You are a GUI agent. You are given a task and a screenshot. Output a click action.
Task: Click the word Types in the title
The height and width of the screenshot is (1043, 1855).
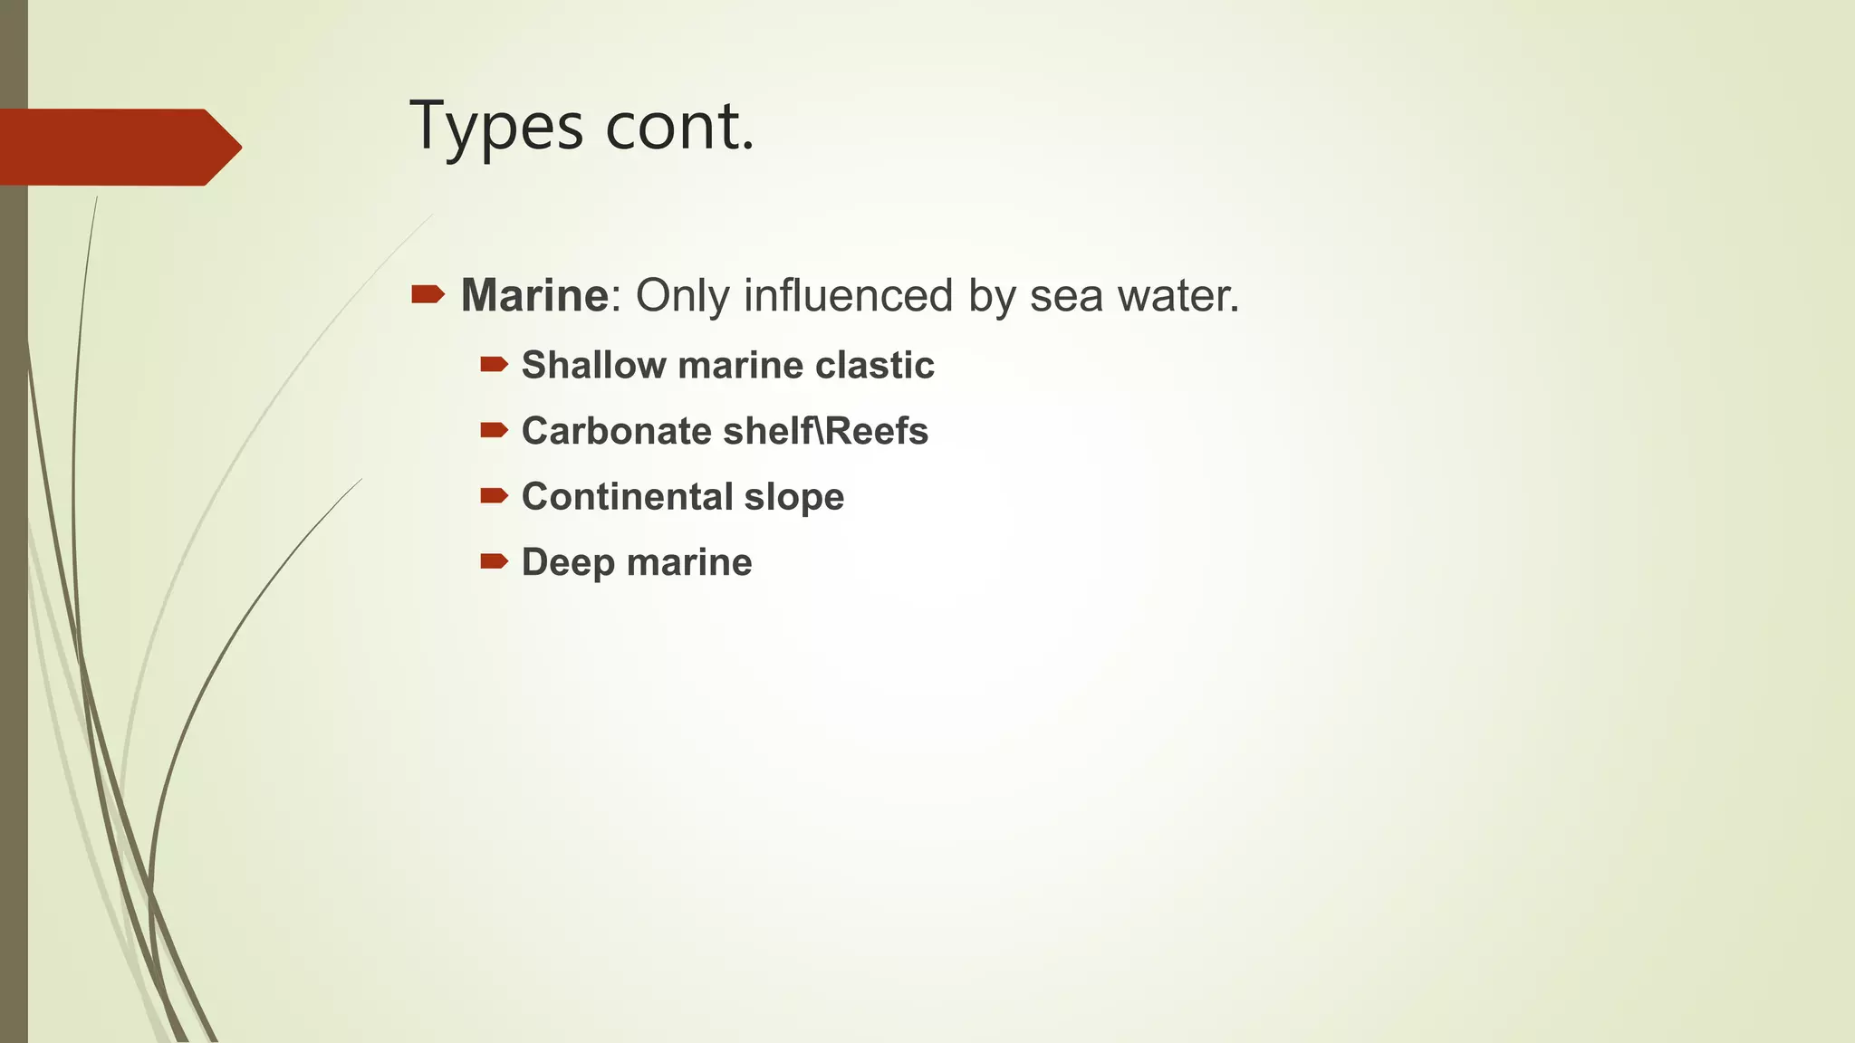click(496, 127)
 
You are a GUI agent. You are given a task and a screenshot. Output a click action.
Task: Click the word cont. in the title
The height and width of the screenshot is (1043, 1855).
click(679, 127)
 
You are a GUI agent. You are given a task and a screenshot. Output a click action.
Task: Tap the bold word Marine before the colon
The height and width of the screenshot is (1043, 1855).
click(534, 295)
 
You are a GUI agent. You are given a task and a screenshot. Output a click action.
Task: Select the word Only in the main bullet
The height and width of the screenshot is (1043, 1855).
click(682, 295)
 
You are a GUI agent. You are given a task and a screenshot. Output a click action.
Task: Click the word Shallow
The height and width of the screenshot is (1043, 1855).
click(594, 365)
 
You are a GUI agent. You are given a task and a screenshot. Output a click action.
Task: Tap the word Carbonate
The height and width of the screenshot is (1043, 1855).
click(617, 431)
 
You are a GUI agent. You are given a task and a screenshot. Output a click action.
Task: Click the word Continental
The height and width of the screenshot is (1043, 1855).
click(627, 497)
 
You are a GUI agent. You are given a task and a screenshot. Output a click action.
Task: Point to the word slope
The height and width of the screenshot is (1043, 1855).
click(794, 497)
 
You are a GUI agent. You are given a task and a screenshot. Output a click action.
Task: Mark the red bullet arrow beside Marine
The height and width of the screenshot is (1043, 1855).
click(428, 293)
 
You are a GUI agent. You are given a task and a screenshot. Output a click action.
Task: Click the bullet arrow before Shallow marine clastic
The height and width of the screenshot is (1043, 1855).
click(494, 364)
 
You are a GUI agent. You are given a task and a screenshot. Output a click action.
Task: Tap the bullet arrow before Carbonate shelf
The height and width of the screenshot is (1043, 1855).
click(494, 430)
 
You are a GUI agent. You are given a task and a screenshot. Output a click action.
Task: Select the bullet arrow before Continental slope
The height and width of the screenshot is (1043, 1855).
click(494, 495)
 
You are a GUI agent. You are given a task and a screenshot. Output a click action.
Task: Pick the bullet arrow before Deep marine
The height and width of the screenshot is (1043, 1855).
click(494, 561)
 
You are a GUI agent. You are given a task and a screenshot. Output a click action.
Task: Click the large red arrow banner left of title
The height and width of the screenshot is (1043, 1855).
click(118, 147)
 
